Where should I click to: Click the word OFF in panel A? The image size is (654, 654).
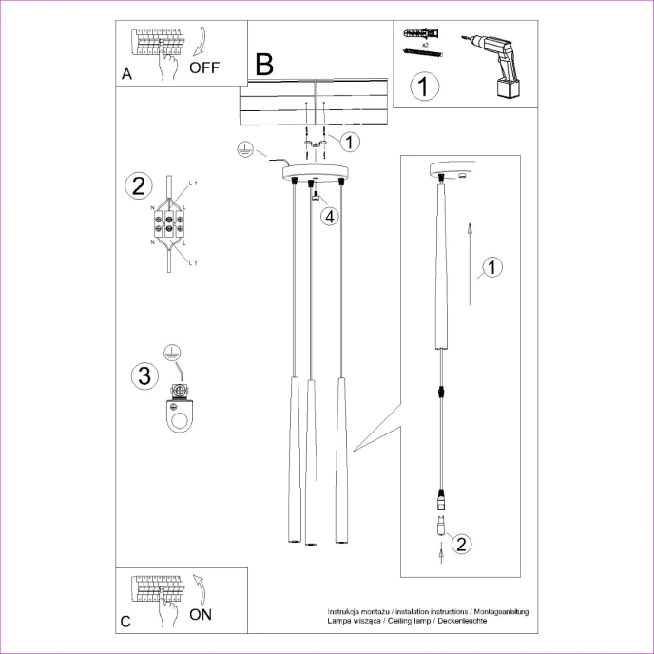(204, 67)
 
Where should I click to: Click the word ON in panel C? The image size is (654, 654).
(201, 614)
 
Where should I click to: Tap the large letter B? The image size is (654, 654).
(263, 65)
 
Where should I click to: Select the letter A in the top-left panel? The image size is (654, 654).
(127, 74)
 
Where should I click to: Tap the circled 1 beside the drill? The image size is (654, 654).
(424, 87)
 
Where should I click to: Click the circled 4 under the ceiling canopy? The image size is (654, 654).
(328, 216)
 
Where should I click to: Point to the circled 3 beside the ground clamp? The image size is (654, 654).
(144, 375)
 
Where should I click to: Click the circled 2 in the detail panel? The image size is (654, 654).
(460, 545)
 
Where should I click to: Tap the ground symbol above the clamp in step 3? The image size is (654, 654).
(172, 353)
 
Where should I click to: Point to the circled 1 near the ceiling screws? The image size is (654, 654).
(349, 143)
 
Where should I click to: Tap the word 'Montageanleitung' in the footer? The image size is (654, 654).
(499, 611)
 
